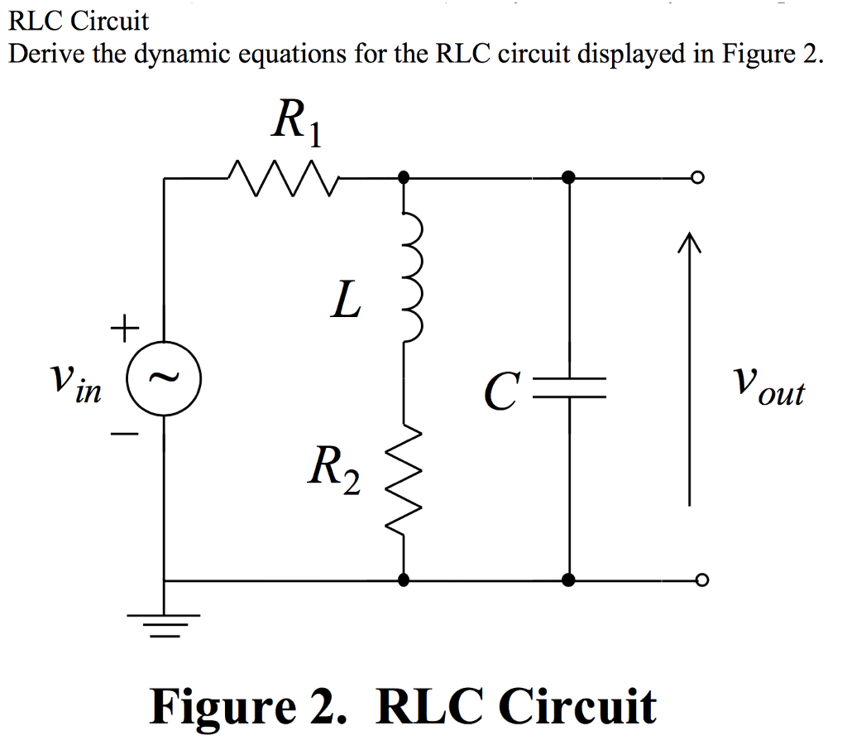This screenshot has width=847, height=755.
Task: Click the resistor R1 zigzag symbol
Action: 280,176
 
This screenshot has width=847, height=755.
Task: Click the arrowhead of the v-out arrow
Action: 688,243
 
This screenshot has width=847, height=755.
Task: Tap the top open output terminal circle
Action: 700,177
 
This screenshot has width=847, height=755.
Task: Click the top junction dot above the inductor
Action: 404,177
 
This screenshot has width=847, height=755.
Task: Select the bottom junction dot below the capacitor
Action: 569,580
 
